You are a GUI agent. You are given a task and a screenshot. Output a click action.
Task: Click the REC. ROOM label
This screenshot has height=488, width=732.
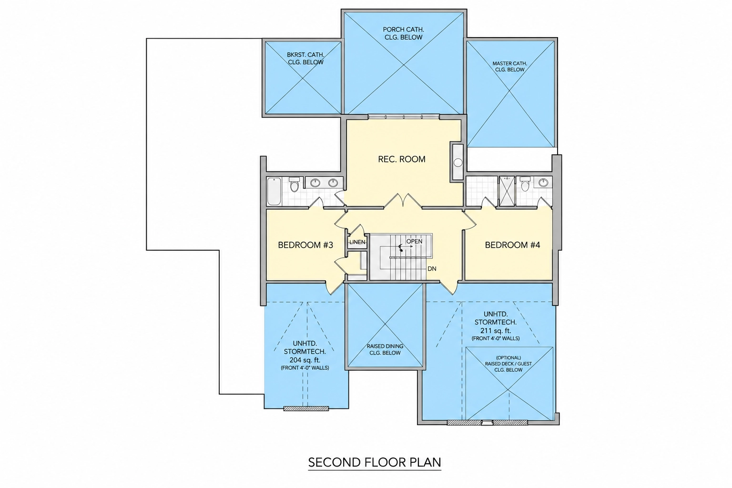pos(402,159)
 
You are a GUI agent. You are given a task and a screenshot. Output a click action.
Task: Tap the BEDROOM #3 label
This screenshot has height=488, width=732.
pos(305,245)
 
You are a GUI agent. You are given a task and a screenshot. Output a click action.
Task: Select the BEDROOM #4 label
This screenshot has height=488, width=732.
pos(512,245)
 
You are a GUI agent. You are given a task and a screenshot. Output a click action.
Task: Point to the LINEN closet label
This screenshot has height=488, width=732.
pos(357,242)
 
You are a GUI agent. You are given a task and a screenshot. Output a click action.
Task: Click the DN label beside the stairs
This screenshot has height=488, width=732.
pos(432,269)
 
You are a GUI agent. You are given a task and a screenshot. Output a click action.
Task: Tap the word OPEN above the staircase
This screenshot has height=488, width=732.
pos(414,241)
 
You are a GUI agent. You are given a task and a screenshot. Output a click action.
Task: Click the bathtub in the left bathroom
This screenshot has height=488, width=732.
pos(274,191)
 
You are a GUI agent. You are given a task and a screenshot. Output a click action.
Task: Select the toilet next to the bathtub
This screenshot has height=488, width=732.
pos(295,184)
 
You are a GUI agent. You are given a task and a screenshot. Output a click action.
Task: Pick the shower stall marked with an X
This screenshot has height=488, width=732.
pos(507,191)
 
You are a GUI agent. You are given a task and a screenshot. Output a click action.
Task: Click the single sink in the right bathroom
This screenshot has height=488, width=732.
pos(543,183)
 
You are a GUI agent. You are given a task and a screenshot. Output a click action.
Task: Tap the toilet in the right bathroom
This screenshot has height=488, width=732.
pos(525,184)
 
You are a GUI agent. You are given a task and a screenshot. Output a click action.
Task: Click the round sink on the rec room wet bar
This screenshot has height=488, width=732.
pos(458,163)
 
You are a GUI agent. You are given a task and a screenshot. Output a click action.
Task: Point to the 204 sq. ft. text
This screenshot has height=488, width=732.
pos(305,360)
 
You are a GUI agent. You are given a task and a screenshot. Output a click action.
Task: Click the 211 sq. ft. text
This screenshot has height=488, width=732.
pos(496,330)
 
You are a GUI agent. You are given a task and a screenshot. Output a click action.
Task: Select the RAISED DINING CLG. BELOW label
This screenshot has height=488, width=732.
pos(385,349)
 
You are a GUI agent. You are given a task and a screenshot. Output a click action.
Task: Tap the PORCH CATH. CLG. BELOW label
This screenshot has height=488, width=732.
pos(404,33)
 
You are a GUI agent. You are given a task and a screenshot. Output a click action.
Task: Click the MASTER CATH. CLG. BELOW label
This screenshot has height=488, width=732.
pos(510,66)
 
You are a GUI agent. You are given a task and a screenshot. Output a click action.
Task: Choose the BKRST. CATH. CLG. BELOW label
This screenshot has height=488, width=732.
pos(305,59)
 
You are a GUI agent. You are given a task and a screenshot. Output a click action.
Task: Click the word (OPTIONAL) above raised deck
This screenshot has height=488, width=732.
pos(508,357)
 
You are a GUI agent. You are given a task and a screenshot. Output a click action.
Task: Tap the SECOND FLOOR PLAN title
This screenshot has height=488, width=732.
pos(375,462)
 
